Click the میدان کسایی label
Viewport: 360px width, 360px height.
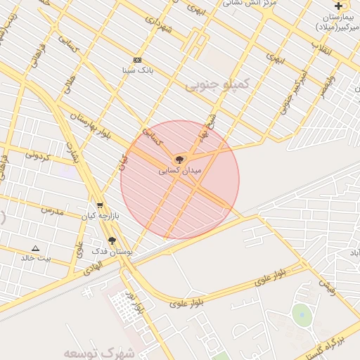(180, 170)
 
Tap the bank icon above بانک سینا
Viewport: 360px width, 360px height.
(137, 60)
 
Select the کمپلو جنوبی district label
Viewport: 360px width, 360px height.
(217, 85)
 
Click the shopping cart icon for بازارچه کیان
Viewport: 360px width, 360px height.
(100, 205)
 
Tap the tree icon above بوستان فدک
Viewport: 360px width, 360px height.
(112, 240)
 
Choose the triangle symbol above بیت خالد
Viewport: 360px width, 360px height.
(35, 248)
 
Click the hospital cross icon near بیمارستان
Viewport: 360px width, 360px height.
(338, 6)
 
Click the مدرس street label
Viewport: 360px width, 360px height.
(51, 210)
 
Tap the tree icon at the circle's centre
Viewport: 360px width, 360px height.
(179, 160)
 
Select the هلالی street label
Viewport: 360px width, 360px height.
(68, 86)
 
